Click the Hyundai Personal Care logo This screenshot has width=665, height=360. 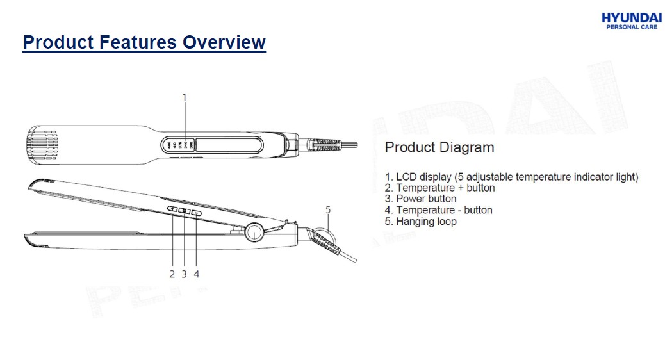point(632,20)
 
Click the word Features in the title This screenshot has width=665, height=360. point(138,42)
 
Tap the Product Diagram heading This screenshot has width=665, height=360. point(439,147)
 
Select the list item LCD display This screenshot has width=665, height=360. point(511,177)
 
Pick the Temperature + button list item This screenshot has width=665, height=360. point(439,188)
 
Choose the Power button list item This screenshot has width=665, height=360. point(421,199)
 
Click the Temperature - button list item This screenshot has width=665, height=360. point(438,210)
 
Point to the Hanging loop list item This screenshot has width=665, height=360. point(421,222)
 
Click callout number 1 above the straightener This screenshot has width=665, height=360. point(184,98)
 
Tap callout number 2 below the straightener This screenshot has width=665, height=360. point(172,274)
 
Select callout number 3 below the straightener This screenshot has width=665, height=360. point(184,274)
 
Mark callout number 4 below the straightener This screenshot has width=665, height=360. point(197,274)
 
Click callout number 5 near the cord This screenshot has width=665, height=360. point(328,210)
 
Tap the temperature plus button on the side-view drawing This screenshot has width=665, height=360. point(172,209)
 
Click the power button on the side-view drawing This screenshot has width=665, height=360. point(185,211)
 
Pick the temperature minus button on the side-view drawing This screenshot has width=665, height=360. point(197,213)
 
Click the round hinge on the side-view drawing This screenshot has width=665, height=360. point(254,232)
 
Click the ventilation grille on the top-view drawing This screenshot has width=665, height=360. point(42,145)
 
